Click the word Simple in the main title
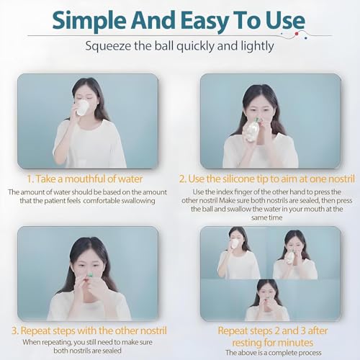click(x=89, y=21)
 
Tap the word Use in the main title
click(x=285, y=20)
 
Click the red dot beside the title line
click(x=297, y=34)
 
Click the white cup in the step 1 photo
click(x=82, y=107)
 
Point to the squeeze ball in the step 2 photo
click(x=251, y=131)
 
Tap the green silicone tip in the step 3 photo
click(x=90, y=274)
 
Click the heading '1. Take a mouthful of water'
click(x=84, y=179)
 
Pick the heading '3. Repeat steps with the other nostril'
click(x=89, y=330)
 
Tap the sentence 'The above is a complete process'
click(x=273, y=353)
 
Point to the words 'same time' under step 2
click(x=266, y=217)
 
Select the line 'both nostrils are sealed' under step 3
click(x=87, y=351)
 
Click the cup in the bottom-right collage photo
click(x=234, y=244)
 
